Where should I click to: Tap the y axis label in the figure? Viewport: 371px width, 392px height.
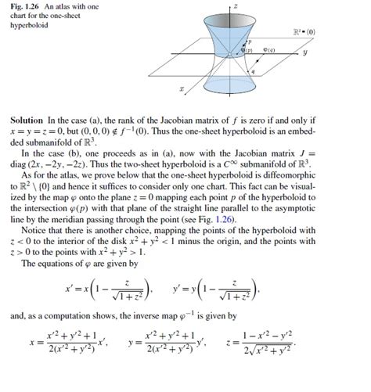[328, 54]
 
